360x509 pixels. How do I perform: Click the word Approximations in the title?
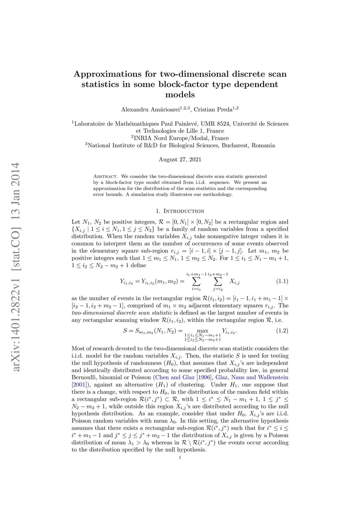coord(107,74)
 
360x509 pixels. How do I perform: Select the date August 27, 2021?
coord(180,160)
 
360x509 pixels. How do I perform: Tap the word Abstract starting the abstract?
coord(105,176)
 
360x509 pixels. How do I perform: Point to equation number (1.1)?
coord(282,281)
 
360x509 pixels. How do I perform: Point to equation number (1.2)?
coord(282,331)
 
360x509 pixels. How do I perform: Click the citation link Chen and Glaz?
coord(175,378)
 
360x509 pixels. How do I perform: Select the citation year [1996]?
coord(204,378)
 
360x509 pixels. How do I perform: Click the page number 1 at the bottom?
coord(180,458)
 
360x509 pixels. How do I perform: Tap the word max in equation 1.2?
coord(202,331)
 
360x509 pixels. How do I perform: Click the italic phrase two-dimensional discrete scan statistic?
coord(122,313)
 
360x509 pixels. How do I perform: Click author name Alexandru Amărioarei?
coord(150,110)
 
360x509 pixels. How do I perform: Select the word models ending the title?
coord(180,95)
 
